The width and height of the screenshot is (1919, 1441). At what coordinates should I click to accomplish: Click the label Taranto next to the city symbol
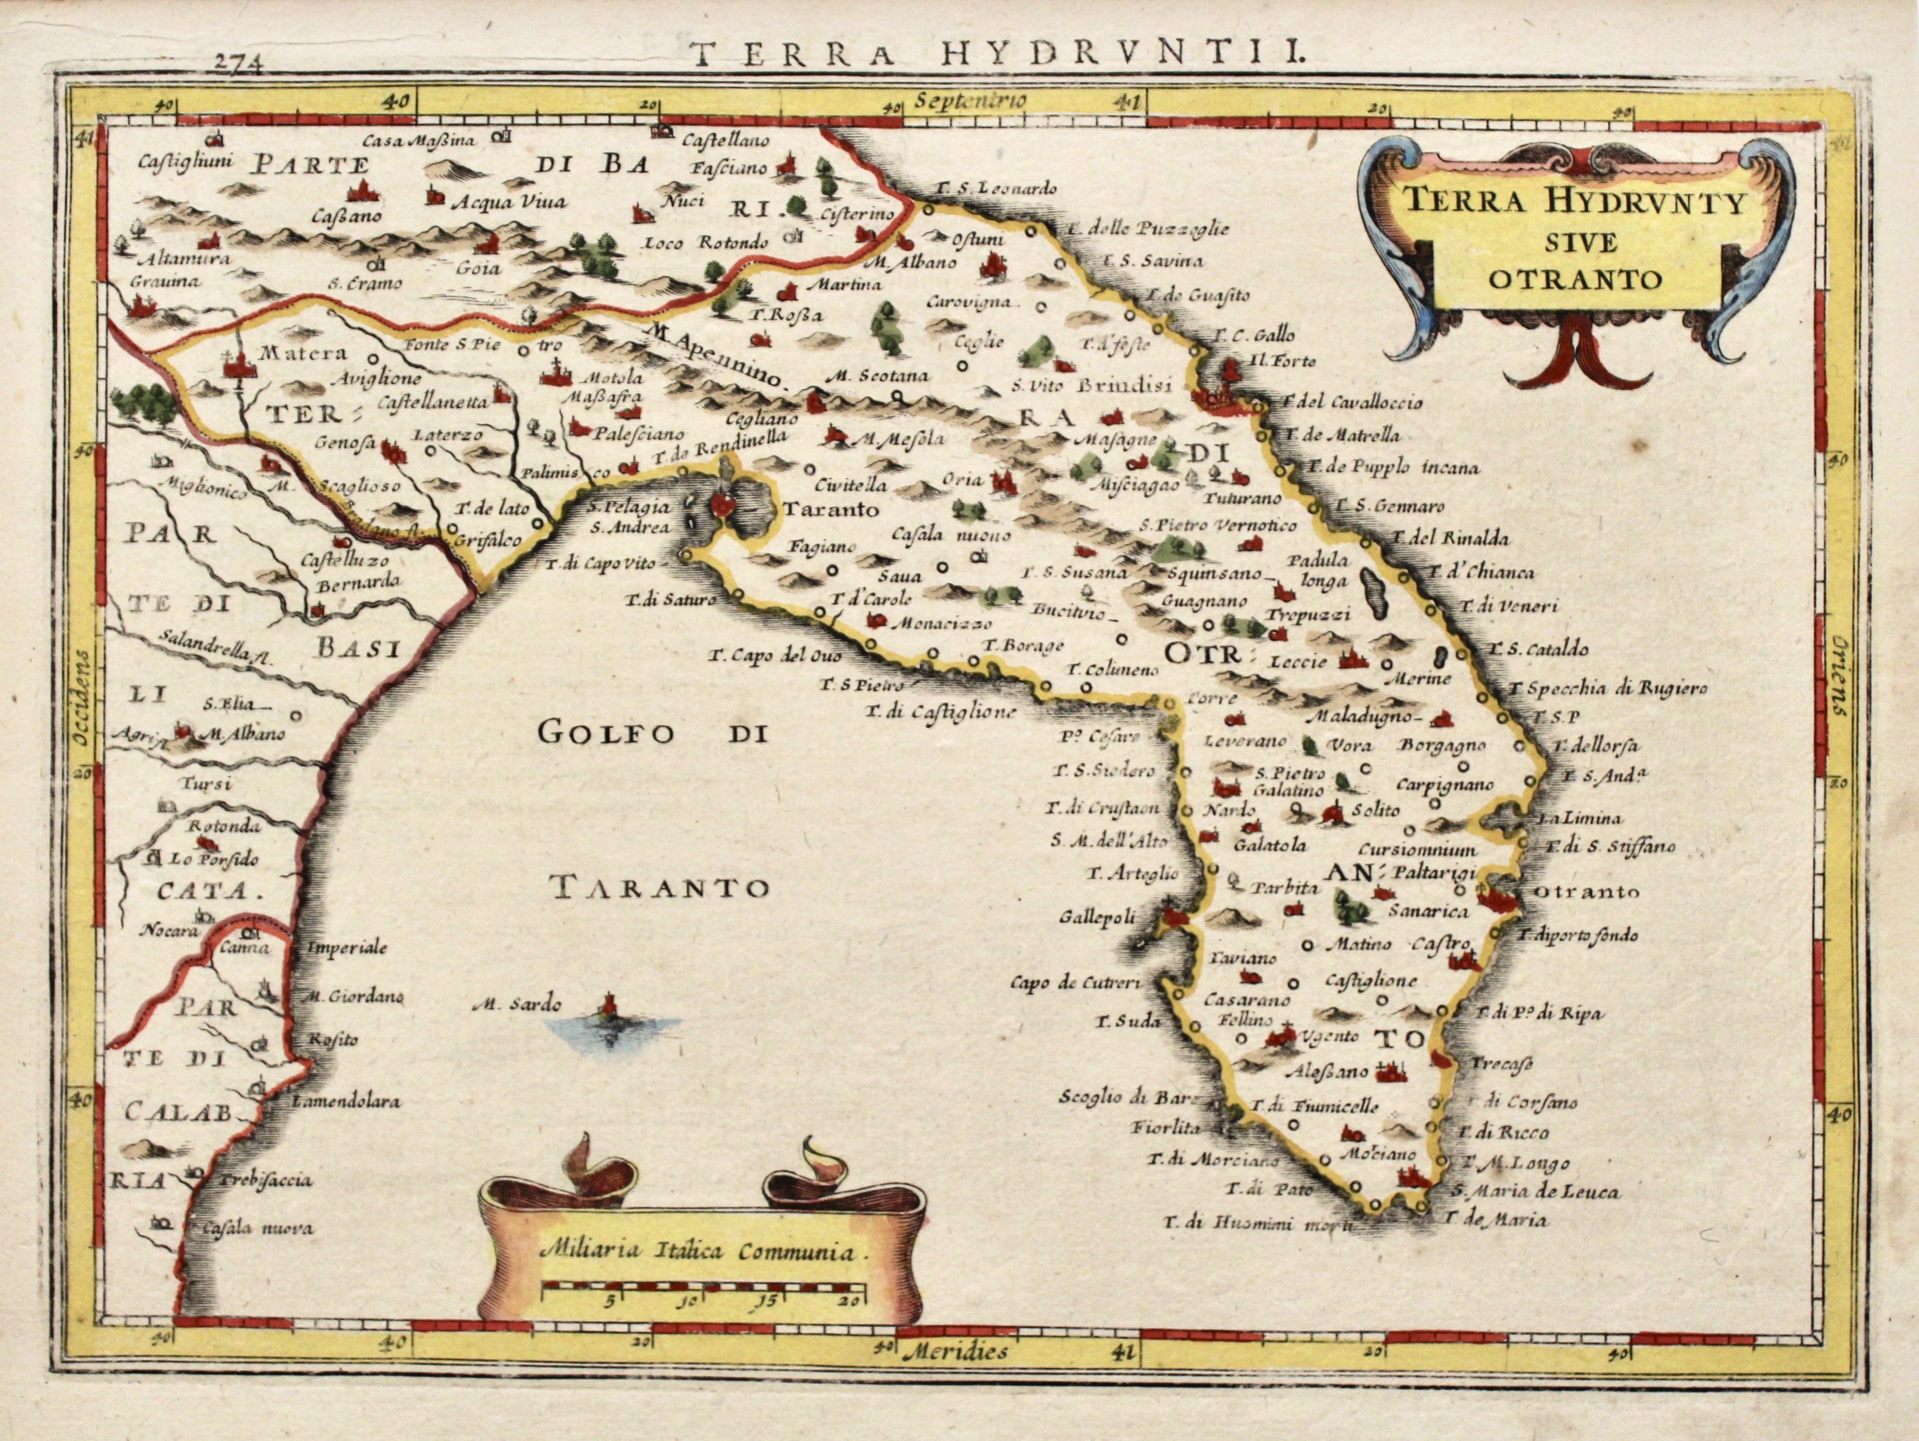point(830,510)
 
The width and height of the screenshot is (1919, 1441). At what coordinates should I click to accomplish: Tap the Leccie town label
point(1298,662)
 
